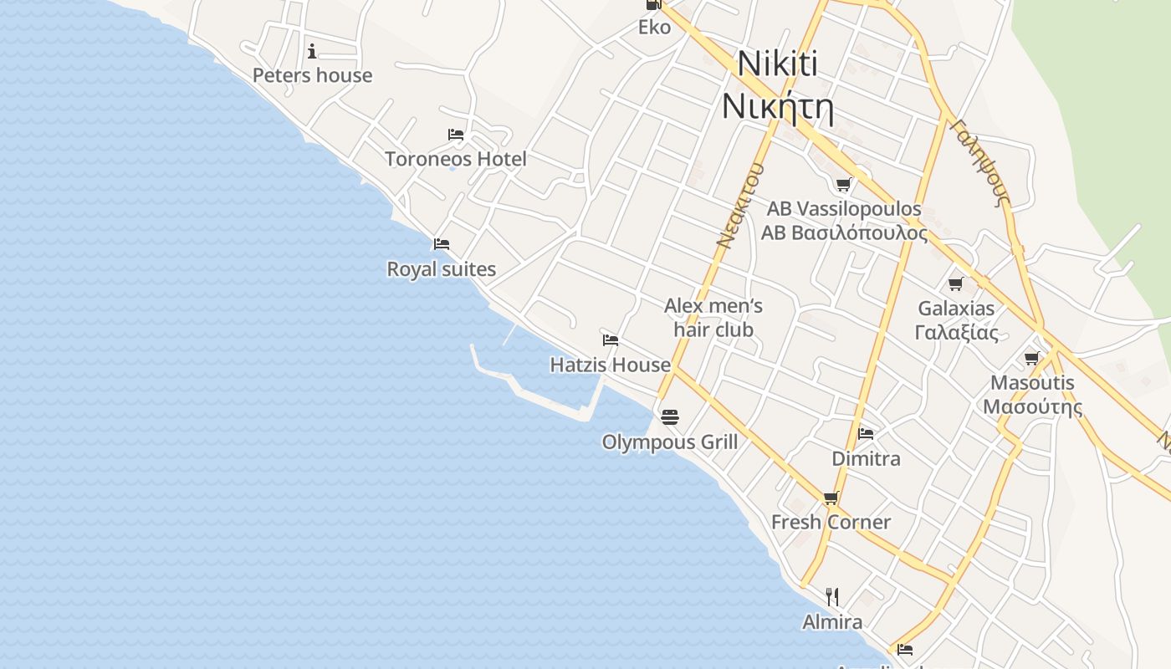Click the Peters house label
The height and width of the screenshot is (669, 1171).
pyautogui.click(x=312, y=75)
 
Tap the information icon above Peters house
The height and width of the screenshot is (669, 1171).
pyautogui.click(x=312, y=51)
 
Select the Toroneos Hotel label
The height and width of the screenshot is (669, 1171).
pyautogui.click(x=455, y=158)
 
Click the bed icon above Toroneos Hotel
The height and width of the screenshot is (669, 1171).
pyautogui.click(x=456, y=134)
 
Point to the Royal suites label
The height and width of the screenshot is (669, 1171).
pyautogui.click(x=441, y=269)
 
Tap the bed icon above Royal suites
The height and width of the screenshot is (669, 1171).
pyautogui.click(x=442, y=244)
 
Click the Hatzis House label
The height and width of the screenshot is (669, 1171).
pyautogui.click(x=610, y=365)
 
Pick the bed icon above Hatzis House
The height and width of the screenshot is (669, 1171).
pyautogui.click(x=611, y=340)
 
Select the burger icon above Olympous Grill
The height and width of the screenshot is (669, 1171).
pyautogui.click(x=669, y=416)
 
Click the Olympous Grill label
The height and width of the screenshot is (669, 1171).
pyautogui.click(x=669, y=442)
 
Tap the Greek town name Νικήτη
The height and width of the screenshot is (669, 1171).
pyautogui.click(x=777, y=107)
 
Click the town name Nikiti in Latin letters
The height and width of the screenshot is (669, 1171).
pyautogui.click(x=777, y=64)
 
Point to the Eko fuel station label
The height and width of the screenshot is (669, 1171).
pyautogui.click(x=654, y=28)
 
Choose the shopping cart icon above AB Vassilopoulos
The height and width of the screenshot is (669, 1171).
pyautogui.click(x=843, y=184)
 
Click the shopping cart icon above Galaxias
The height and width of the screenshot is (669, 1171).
pyautogui.click(x=956, y=283)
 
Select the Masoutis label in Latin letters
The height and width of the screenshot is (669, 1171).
pyautogui.click(x=1032, y=383)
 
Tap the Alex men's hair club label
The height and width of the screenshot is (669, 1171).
pyautogui.click(x=713, y=318)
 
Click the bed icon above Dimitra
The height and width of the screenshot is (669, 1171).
pyautogui.click(x=866, y=433)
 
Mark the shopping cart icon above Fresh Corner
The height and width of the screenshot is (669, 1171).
pyautogui.click(x=831, y=498)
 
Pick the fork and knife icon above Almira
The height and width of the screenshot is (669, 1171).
pyautogui.click(x=832, y=596)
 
